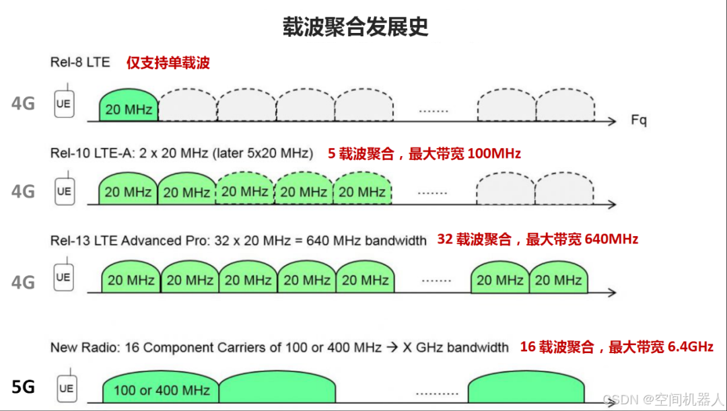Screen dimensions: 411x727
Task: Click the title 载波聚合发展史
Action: coord(355,27)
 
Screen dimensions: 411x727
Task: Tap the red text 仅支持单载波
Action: coord(168,63)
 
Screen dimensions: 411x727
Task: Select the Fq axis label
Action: coord(639,120)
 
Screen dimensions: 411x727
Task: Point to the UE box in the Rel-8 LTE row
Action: coord(64,104)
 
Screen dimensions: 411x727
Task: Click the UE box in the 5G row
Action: coord(65,388)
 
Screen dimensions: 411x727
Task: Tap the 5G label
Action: coord(23,387)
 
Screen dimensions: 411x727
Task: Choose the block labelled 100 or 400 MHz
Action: coord(162,389)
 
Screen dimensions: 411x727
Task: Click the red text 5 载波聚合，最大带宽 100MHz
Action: coord(424,154)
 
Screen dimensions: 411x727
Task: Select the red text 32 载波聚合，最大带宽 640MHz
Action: coord(538,239)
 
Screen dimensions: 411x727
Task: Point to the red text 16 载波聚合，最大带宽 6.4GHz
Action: coord(617,347)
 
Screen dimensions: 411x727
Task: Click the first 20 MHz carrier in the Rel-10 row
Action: coord(128,192)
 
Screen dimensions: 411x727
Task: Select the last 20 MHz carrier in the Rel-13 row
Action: coord(558,280)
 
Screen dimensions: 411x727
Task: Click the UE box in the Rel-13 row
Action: coord(63,277)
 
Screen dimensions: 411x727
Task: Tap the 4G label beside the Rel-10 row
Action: coord(23,192)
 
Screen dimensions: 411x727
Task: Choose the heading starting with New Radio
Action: coord(279,348)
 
